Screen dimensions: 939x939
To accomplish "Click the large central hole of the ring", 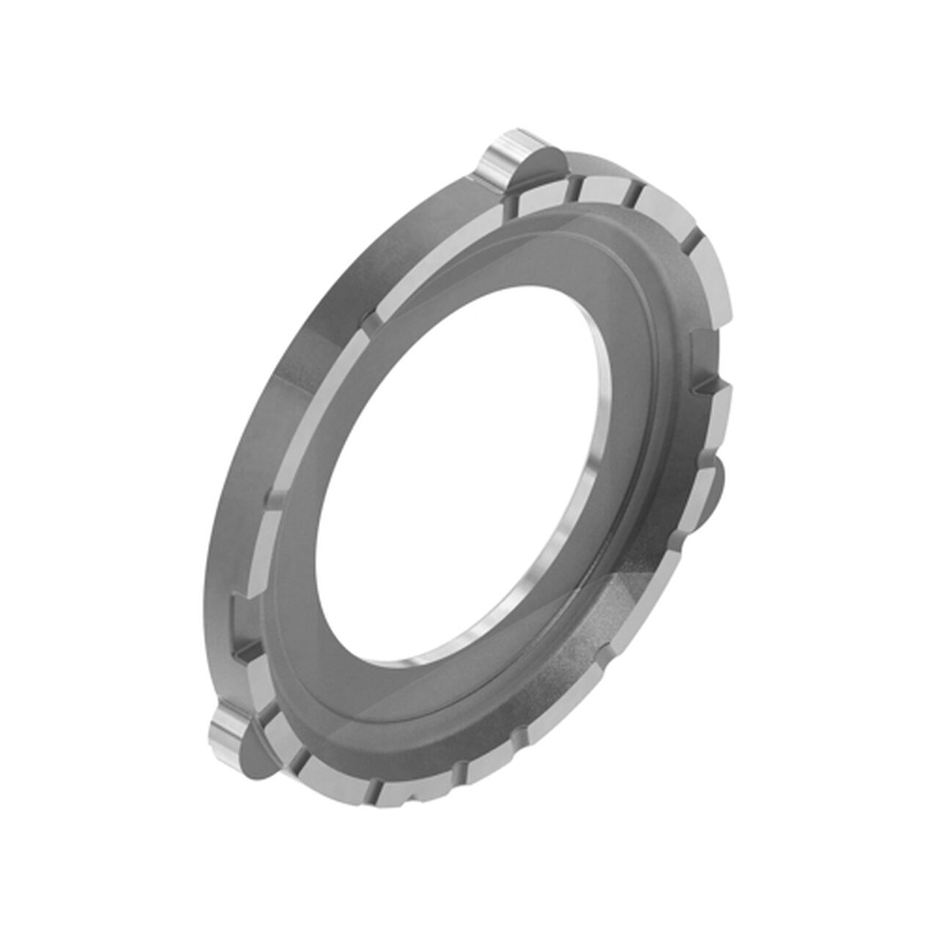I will pyautogui.click(x=455, y=469).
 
